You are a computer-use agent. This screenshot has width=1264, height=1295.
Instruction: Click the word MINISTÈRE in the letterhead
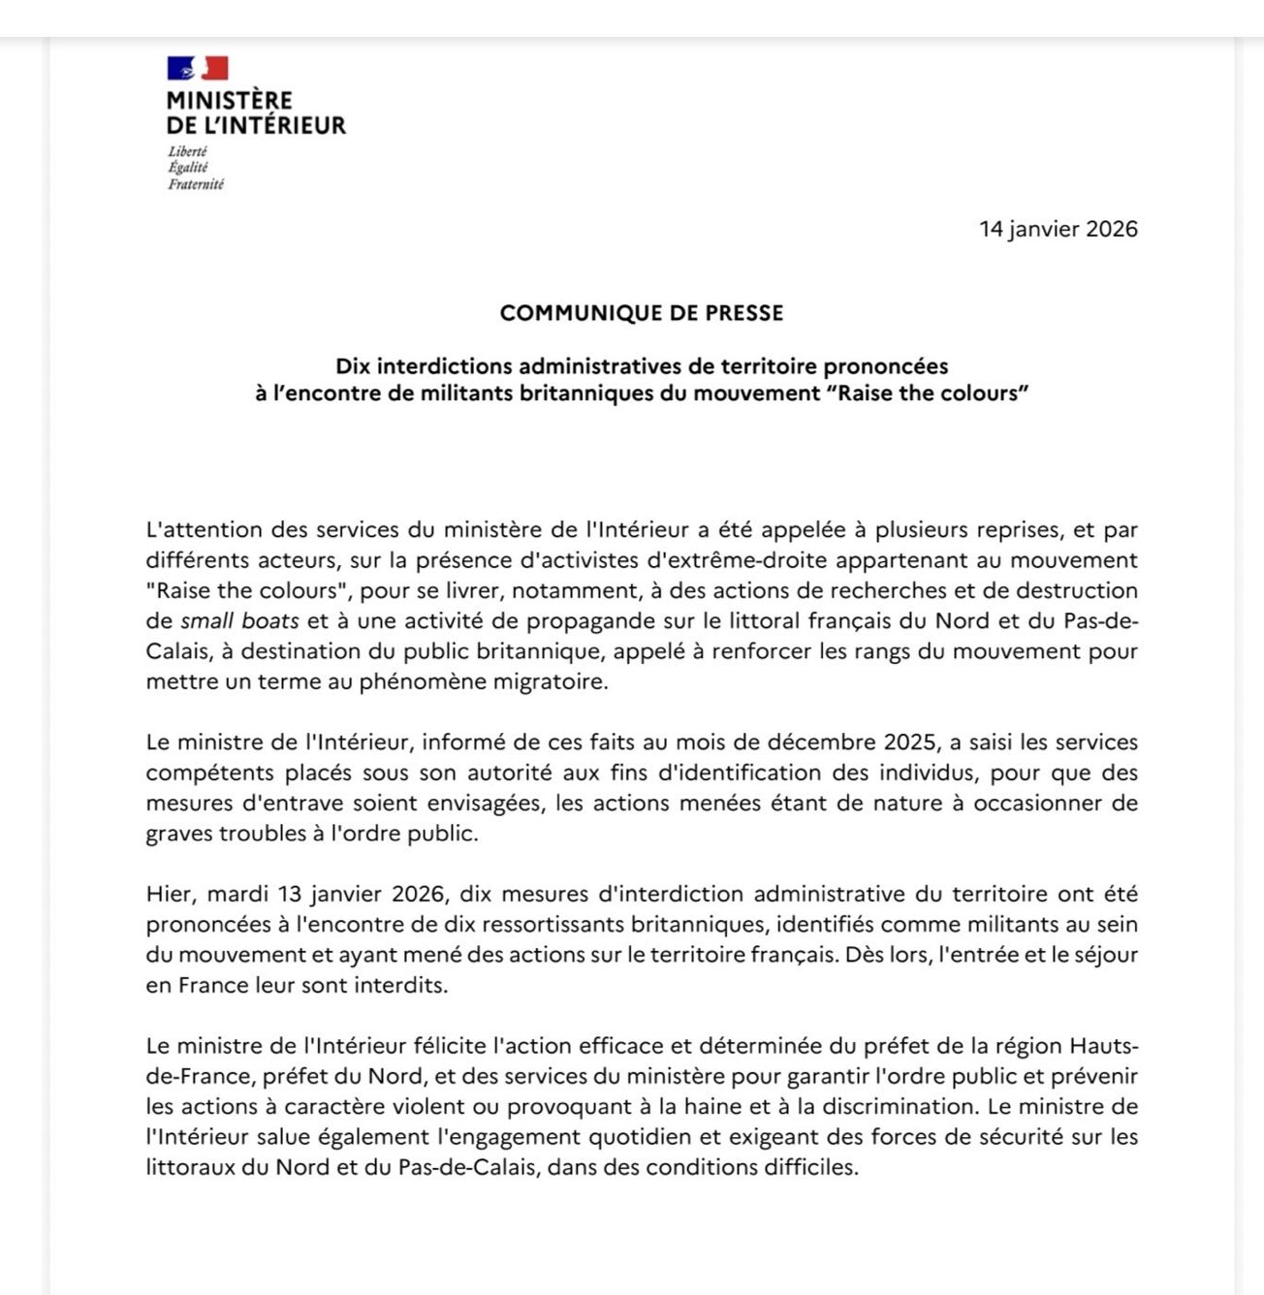tap(229, 100)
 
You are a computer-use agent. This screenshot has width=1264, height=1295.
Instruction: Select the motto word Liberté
tap(187, 151)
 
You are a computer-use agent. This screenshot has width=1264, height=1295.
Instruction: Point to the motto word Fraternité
tap(195, 184)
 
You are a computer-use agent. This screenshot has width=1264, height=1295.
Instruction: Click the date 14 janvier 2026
tap(1058, 229)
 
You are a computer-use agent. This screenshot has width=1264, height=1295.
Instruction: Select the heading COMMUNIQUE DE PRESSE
tap(641, 313)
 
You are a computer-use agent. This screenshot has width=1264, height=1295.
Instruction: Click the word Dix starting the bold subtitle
tap(353, 366)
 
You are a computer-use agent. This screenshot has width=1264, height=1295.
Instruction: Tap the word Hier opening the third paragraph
tap(171, 894)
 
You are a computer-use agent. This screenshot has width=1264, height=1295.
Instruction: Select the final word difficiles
tap(810, 1167)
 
